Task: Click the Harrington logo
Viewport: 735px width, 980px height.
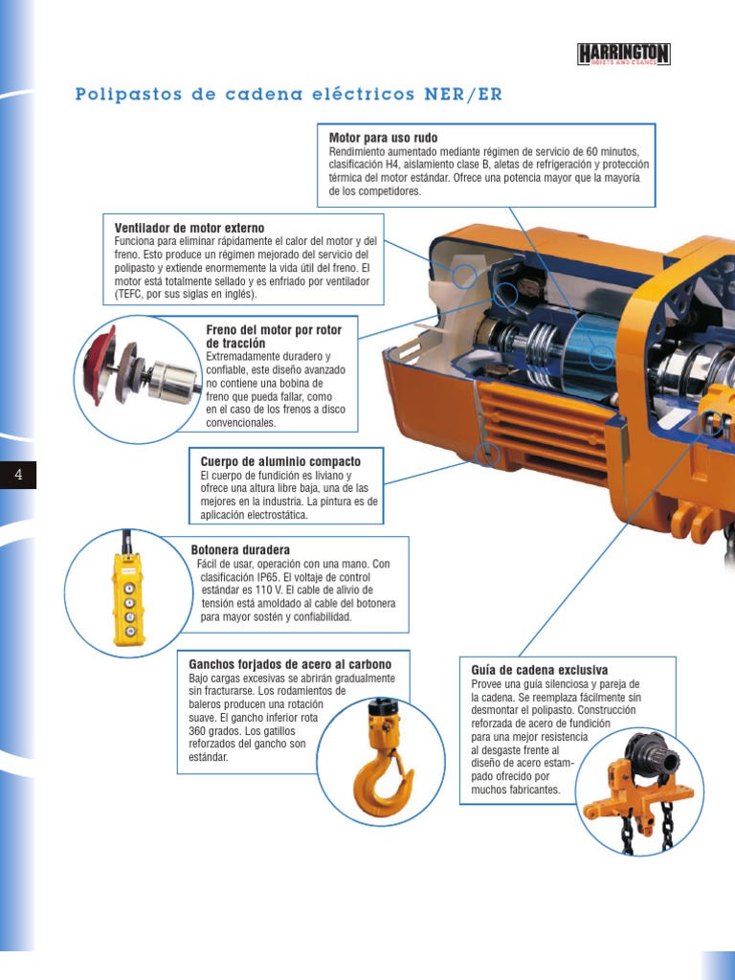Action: click(623, 55)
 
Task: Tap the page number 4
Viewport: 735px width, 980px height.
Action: click(18, 475)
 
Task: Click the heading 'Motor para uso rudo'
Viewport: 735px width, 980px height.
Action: click(383, 138)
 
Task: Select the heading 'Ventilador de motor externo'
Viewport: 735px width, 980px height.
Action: click(189, 228)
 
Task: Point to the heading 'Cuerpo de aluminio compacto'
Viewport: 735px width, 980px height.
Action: click(280, 461)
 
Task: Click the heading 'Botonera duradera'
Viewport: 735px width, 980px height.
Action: click(240, 550)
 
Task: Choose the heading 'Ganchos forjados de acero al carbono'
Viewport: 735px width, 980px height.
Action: click(290, 664)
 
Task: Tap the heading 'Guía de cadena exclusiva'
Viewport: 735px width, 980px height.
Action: click(540, 670)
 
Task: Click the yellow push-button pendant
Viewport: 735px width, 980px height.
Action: click(129, 598)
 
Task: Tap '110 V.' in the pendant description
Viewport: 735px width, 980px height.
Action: click(269, 590)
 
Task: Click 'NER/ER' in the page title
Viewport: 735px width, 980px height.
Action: click(463, 95)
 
